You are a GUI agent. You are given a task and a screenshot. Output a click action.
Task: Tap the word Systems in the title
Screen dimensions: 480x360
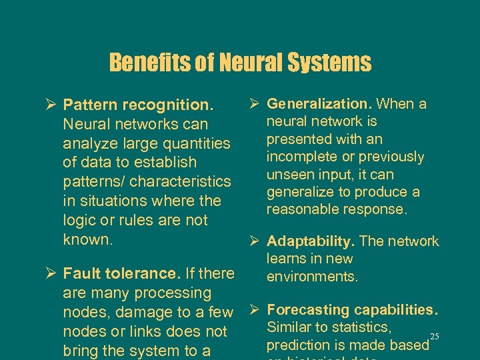[329, 63]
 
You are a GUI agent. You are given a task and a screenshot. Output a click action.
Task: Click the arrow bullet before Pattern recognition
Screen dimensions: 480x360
[51, 105]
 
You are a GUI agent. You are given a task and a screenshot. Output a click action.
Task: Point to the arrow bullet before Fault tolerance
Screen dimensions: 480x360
[51, 273]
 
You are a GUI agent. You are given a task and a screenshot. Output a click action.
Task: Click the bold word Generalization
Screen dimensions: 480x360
[319, 103]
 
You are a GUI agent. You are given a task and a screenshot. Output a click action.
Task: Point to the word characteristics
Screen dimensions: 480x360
[181, 181]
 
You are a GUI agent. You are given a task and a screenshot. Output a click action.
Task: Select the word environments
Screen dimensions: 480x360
[313, 276]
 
